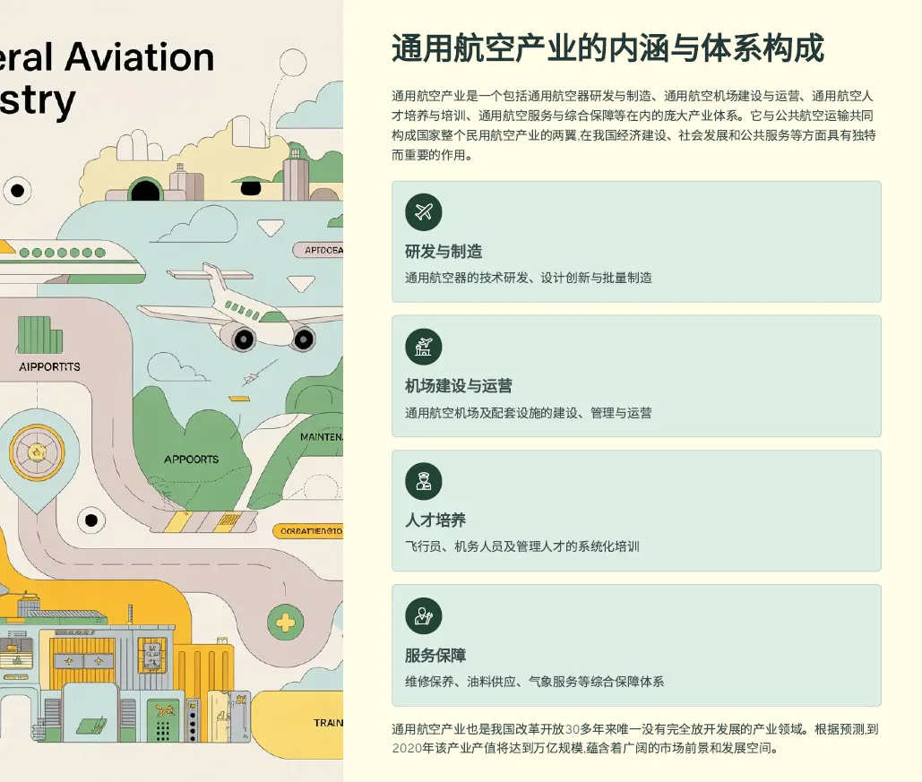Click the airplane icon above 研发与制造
424,212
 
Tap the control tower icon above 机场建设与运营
424,347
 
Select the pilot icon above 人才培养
424,481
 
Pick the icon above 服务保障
424,616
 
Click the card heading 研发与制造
444,252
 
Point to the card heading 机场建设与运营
459,386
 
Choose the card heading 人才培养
435,520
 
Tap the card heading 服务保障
435,656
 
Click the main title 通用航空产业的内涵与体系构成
607,48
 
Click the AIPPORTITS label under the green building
49,366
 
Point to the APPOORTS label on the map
191,460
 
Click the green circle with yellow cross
285,622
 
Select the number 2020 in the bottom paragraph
407,748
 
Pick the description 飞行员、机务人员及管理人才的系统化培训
521,546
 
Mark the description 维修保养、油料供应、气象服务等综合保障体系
534,682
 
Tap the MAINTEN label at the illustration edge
321,437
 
